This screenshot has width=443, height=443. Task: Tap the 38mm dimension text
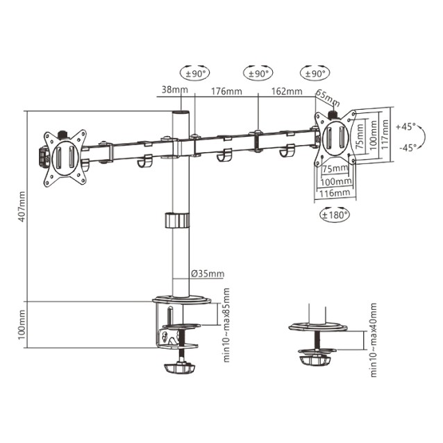click(x=171, y=90)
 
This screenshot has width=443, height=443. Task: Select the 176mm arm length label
click(x=228, y=90)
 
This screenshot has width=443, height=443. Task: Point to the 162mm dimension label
click(x=287, y=91)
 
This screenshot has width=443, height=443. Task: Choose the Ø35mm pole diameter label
click(x=208, y=273)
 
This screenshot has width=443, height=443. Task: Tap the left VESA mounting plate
click(x=63, y=157)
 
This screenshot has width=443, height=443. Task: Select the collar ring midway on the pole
click(x=177, y=221)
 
